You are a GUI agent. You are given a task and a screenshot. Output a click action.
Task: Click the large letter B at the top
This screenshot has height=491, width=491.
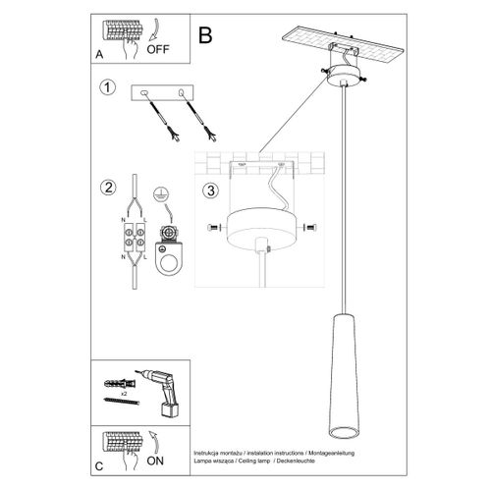(x=204, y=36)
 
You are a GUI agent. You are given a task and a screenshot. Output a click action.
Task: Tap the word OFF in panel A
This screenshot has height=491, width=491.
(x=159, y=45)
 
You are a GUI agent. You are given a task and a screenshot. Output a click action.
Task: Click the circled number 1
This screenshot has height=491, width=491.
(x=107, y=89)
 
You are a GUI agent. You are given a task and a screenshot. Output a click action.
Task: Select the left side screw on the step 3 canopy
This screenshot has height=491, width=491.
(x=215, y=228)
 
